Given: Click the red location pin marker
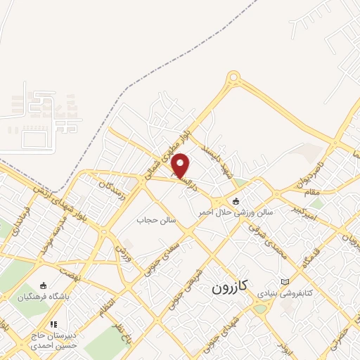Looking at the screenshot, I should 181,166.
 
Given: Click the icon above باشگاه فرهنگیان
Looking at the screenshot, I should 44,285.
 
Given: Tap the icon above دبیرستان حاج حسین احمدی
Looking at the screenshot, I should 53,325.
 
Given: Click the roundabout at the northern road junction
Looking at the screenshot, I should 234,80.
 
